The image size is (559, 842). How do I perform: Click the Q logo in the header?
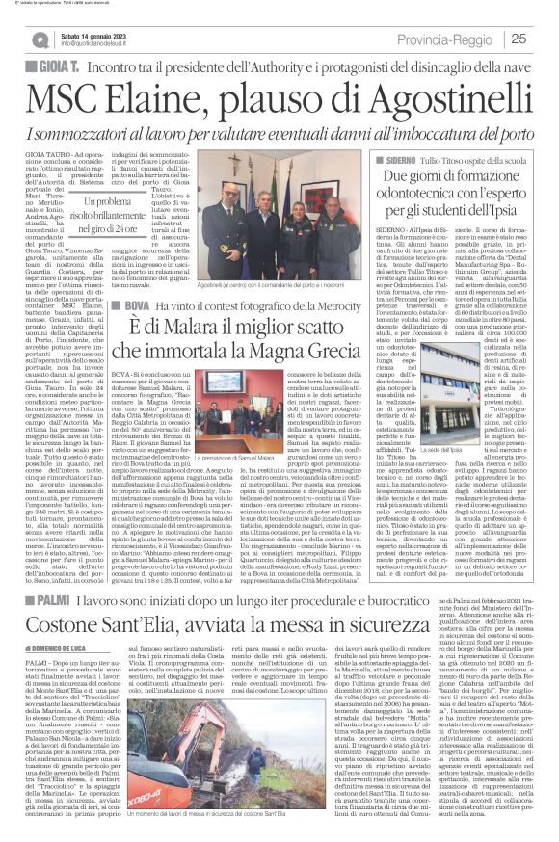pos(40,38)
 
